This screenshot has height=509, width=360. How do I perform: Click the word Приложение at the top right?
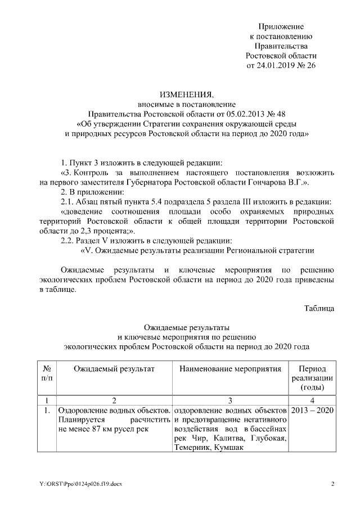pyautogui.click(x=281, y=26)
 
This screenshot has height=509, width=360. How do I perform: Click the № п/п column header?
pyautogui.click(x=47, y=372)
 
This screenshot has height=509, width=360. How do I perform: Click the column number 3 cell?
pyautogui.click(x=230, y=400)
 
